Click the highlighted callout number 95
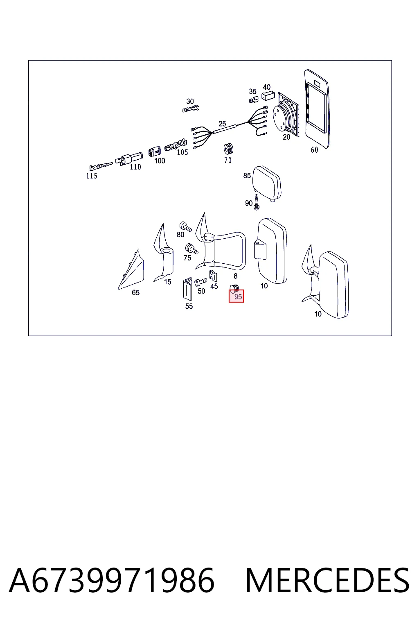click(238, 297)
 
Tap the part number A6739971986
click(112, 580)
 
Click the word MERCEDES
click(327, 580)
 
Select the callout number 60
click(314, 150)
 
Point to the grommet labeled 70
click(228, 149)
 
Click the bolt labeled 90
click(257, 202)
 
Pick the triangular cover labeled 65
click(131, 269)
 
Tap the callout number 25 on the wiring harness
click(222, 124)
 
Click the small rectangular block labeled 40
click(268, 96)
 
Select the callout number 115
click(92, 176)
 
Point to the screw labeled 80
click(185, 226)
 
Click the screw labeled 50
click(200, 281)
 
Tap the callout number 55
click(189, 306)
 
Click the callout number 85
click(247, 176)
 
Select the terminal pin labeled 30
click(191, 109)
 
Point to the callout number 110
click(135, 167)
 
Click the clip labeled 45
click(213, 276)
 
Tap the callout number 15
click(167, 282)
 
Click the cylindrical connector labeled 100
click(155, 151)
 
